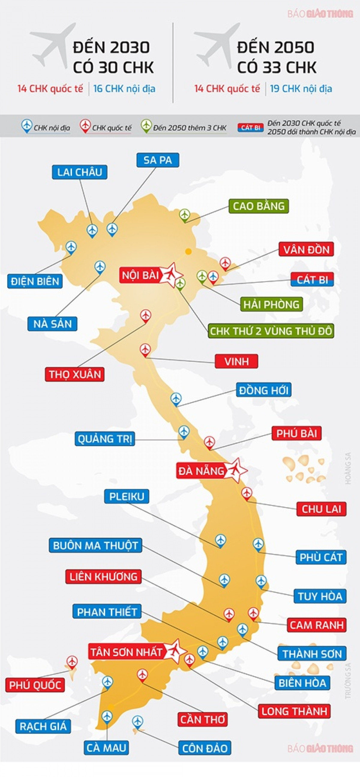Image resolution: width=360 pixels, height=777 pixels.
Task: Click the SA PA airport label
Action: click(x=157, y=160)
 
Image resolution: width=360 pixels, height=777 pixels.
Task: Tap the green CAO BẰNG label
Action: click(x=259, y=206)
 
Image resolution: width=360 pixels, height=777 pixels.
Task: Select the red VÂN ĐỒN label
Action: click(x=306, y=250)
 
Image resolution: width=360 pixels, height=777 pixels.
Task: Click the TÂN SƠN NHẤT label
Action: click(x=126, y=652)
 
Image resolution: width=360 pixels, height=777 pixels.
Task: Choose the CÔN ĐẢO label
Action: click(x=205, y=748)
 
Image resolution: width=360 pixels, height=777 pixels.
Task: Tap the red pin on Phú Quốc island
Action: click(x=72, y=662)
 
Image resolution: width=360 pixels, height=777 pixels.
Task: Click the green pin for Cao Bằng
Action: click(x=184, y=215)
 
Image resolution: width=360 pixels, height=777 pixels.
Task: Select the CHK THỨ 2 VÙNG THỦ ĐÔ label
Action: click(x=271, y=331)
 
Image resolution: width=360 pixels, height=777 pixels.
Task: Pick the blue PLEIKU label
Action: click(x=127, y=496)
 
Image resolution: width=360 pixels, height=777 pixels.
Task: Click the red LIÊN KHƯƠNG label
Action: click(x=103, y=577)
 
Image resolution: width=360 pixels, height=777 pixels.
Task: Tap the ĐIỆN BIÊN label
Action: click(x=35, y=281)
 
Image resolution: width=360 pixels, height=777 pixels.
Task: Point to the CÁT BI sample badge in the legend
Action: click(x=250, y=128)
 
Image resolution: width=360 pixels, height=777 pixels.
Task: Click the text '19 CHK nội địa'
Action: click(x=301, y=89)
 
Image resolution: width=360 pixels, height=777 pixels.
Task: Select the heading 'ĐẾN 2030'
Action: click(x=111, y=48)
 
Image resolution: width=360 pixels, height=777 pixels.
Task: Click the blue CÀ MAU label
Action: click(x=106, y=748)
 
